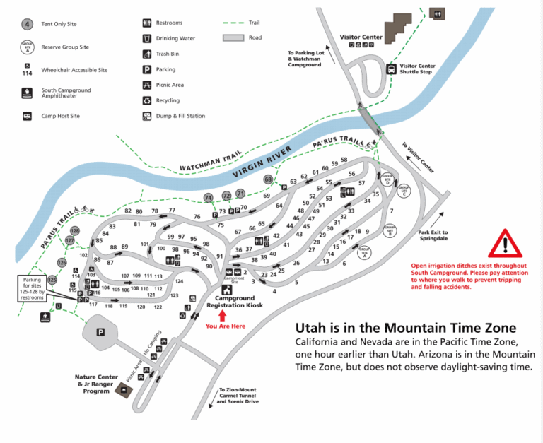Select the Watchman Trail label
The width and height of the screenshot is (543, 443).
pyautogui.click(x=211, y=161)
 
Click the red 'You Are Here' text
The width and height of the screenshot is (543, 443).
pyautogui.click(x=226, y=326)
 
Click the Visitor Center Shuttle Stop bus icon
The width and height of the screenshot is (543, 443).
pyautogui.click(x=391, y=69)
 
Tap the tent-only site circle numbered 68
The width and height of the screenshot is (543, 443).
pyautogui.click(x=268, y=180)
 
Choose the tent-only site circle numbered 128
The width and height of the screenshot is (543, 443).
pyautogui.click(x=75, y=230)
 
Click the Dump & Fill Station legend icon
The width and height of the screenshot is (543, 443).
pyautogui.click(x=147, y=116)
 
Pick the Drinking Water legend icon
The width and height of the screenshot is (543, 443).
pyautogui.click(x=147, y=38)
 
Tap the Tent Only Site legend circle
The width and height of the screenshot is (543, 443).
pyautogui.click(x=27, y=24)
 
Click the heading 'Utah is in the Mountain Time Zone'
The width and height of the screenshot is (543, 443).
pyautogui.click(x=405, y=329)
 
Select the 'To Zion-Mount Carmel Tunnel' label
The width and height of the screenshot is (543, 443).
pyautogui.click(x=239, y=396)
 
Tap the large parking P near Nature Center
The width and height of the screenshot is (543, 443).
pyautogui.click(x=100, y=331)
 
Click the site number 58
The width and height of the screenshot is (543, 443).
pyautogui.click(x=344, y=160)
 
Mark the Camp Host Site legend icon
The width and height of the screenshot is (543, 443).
pyautogui.click(x=27, y=116)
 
